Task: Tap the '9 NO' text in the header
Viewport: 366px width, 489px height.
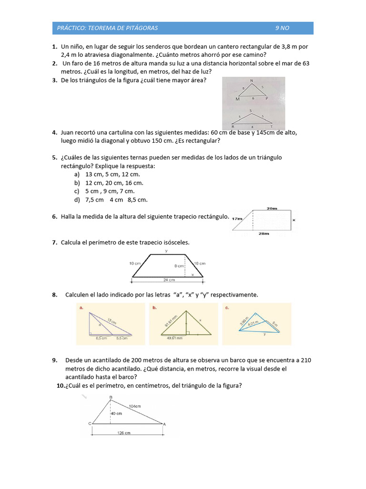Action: click(282, 28)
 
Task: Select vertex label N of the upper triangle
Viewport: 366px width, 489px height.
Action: click(252, 80)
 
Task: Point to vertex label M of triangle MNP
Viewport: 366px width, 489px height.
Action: click(238, 99)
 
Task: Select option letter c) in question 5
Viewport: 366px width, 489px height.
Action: click(77, 191)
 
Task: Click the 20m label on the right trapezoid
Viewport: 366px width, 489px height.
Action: click(272, 209)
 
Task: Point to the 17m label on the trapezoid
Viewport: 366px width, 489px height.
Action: click(237, 218)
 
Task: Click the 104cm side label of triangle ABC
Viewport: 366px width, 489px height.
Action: click(135, 406)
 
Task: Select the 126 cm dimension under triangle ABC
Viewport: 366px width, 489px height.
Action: click(124, 433)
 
